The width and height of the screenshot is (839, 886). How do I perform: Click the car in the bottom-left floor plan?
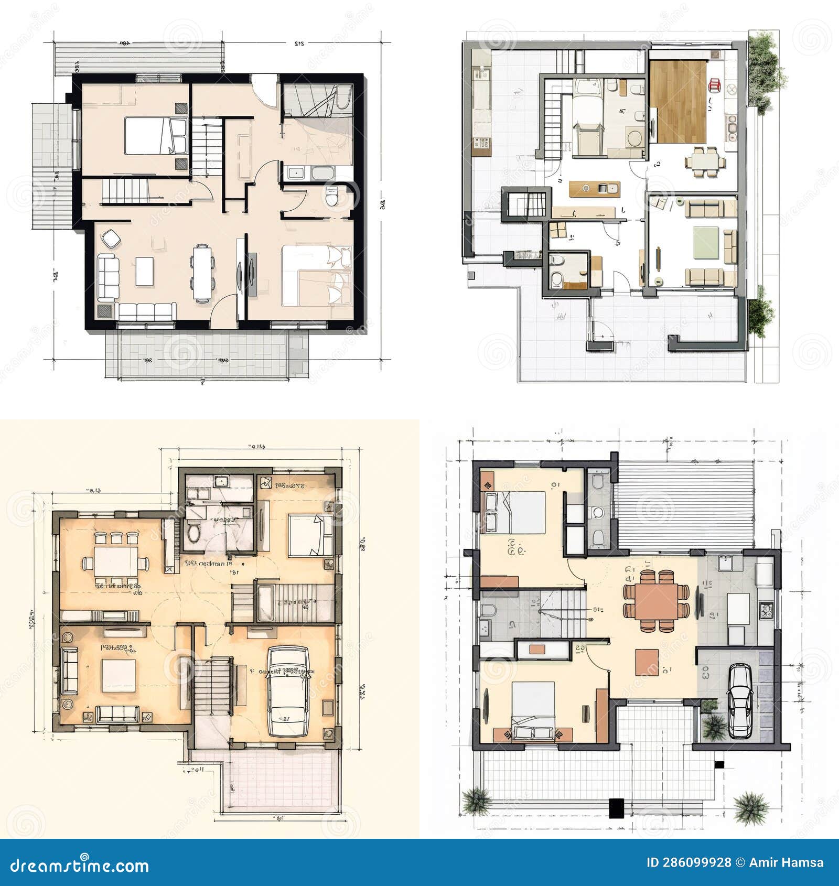[287, 691]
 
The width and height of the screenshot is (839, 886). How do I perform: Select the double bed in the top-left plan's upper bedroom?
[156, 136]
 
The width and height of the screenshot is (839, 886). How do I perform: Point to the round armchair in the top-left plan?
[111, 239]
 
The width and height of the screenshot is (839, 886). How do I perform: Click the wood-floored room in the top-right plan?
[678, 102]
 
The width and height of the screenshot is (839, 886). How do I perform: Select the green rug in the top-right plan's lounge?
[705, 242]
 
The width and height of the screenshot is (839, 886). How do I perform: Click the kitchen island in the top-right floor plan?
[594, 188]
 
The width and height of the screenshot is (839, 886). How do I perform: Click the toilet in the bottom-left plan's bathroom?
[193, 532]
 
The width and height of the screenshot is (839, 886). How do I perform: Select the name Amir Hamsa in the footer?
[786, 862]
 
